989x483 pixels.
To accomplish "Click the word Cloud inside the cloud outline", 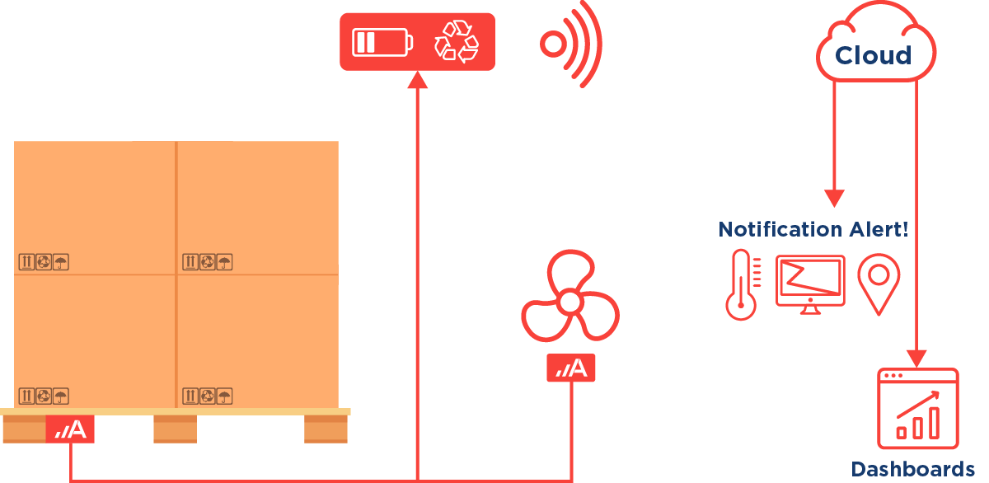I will click(873, 56).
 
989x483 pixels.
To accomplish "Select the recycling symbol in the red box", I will click(456, 41).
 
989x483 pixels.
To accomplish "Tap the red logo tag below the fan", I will click(570, 368).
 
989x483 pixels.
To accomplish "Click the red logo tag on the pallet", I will click(70, 429).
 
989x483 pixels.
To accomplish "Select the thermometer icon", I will click(741, 284).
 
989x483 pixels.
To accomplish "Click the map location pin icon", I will click(879, 283).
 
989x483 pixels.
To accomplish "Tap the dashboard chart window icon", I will click(917, 409).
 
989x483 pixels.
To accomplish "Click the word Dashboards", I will click(912, 469).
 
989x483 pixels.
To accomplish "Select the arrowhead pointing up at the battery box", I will click(419, 79).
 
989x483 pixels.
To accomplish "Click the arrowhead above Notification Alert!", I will click(835, 199).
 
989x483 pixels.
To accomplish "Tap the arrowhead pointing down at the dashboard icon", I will click(916, 359).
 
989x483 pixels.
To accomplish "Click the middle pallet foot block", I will click(175, 429).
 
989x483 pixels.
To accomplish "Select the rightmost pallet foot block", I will click(326, 429).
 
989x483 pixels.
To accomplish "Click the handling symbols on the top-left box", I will click(44, 262).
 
